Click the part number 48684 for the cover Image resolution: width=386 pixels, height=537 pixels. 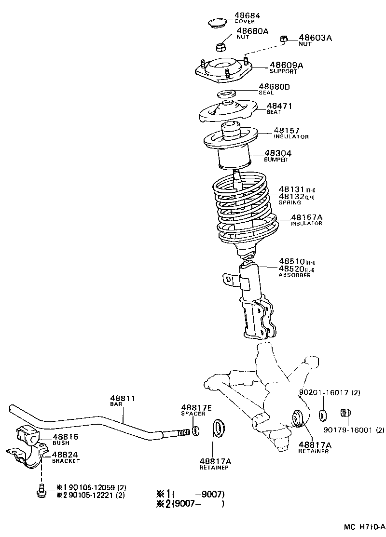coord(247,15)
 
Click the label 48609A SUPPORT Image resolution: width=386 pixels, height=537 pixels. coord(286,67)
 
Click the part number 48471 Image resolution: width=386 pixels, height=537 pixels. coord(280,106)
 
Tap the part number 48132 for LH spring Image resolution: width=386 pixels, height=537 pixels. coord(291,196)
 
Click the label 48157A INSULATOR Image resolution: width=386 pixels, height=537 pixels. coord(306,220)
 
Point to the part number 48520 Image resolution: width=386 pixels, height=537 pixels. coord(291,268)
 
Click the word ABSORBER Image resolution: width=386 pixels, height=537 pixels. coord(295,275)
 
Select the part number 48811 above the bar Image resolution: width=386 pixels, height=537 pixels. coord(123,398)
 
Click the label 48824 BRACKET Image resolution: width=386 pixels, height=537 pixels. coord(66,457)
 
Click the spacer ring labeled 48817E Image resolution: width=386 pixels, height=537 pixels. coord(196,430)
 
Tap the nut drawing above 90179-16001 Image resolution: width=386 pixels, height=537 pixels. coord(345,414)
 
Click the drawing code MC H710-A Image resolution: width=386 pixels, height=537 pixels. coord(364,527)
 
